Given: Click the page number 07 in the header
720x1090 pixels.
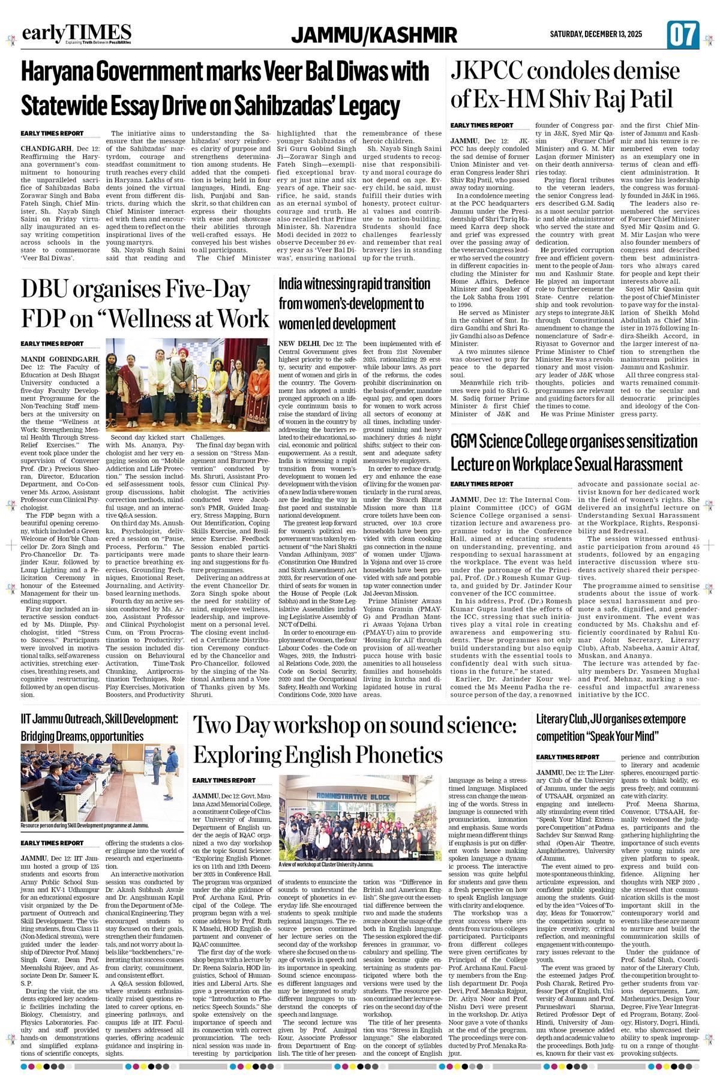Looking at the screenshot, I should [683, 35].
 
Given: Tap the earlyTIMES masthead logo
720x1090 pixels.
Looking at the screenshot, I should [76, 34].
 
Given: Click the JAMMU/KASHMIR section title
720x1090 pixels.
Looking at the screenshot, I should [374, 36].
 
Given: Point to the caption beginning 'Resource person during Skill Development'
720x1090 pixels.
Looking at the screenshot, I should [84, 825].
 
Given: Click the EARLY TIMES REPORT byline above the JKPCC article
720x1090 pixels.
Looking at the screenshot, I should [482, 125].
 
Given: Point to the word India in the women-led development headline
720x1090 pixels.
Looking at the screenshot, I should [292, 284].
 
